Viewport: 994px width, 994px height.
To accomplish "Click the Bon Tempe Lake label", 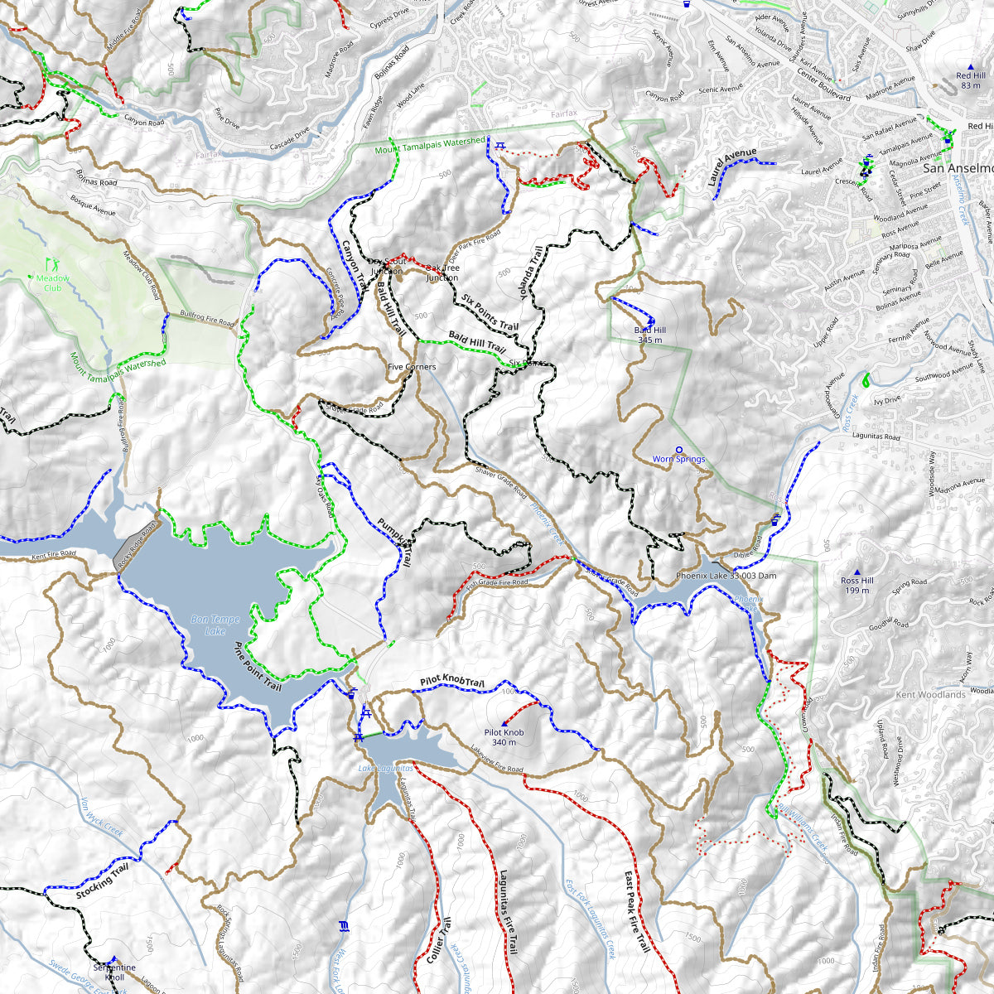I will (x=215, y=625).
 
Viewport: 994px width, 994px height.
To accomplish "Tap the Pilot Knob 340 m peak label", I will (x=504, y=737).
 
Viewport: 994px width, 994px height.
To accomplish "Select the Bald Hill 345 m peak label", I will (x=650, y=334).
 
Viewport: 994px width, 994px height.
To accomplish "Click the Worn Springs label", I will (x=678, y=459).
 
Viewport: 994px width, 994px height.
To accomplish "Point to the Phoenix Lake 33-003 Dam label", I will (x=726, y=575).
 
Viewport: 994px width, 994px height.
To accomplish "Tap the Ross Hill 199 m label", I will (x=856, y=585).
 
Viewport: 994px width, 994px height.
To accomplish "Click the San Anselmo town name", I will (x=958, y=167).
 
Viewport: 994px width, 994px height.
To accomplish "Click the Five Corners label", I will (x=412, y=366).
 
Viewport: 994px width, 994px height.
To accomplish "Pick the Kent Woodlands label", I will (x=930, y=694).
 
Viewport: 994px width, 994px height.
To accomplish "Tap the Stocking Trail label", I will (x=104, y=881).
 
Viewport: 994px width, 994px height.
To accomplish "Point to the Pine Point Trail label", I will (x=258, y=667).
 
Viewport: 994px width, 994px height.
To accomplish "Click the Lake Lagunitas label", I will (x=385, y=768).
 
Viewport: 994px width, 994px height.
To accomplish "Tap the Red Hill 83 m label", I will (x=970, y=80).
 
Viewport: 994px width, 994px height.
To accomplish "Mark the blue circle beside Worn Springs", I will (x=679, y=449).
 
